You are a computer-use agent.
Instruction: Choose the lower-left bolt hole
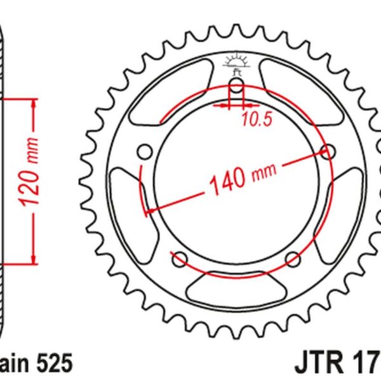click(179, 258)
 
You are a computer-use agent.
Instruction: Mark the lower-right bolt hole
click(293, 258)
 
